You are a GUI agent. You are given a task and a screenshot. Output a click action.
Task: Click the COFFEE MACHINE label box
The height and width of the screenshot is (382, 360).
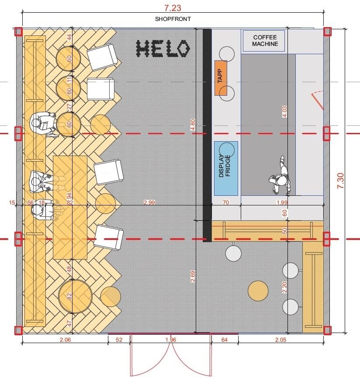[x=264, y=41]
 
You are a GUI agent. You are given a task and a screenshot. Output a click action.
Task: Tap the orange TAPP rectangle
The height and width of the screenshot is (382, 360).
[x=221, y=78]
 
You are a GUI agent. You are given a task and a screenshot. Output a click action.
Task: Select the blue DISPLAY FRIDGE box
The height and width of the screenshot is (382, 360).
[x=226, y=168]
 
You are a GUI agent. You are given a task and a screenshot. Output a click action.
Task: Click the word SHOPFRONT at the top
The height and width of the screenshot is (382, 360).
[x=173, y=19]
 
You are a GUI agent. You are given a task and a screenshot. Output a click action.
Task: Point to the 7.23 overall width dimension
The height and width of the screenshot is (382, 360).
[x=173, y=8]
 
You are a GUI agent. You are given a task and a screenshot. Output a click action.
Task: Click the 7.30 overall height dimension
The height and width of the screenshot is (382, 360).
[x=340, y=181]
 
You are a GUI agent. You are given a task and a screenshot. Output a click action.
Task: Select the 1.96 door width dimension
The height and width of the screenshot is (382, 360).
[x=170, y=340]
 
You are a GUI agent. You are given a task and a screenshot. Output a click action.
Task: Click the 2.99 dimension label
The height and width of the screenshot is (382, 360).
[x=149, y=202]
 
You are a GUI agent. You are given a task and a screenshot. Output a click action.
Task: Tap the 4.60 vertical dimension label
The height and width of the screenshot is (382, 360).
[x=193, y=125]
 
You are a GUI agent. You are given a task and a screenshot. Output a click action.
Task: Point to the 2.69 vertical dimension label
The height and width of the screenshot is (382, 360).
[x=193, y=276]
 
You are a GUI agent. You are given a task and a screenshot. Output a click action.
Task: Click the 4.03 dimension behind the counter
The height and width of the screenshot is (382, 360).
[x=284, y=111]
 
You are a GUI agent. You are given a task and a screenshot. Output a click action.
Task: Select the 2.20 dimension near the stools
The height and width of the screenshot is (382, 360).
[x=284, y=287]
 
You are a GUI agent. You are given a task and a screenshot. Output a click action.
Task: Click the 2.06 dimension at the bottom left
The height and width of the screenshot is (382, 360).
[x=65, y=340]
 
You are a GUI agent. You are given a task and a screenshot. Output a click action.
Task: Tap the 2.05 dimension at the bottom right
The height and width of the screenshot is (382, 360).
[x=280, y=340]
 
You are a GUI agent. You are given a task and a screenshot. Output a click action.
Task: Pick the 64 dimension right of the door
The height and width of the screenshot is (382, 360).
[x=224, y=340]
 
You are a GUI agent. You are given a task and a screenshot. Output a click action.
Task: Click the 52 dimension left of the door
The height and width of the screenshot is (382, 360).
[x=119, y=340]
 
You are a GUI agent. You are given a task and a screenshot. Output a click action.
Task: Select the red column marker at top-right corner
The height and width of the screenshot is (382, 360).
[x=327, y=31]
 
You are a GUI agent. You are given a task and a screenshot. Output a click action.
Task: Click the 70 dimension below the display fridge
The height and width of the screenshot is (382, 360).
[x=226, y=202]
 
